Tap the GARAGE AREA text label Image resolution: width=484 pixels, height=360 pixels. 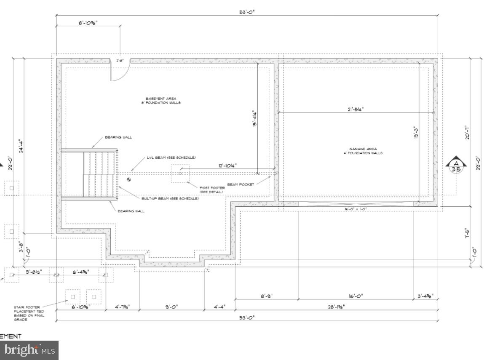[366, 151]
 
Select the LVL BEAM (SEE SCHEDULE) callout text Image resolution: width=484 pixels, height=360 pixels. [171, 157]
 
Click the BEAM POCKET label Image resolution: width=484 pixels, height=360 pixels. [241, 184]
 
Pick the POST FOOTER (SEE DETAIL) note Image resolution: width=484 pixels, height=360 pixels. [212, 190]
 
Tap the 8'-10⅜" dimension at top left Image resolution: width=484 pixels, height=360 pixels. [88, 24]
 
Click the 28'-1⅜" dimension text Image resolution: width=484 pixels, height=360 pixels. [335, 307]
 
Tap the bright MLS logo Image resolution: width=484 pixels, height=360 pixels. [29, 350]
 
